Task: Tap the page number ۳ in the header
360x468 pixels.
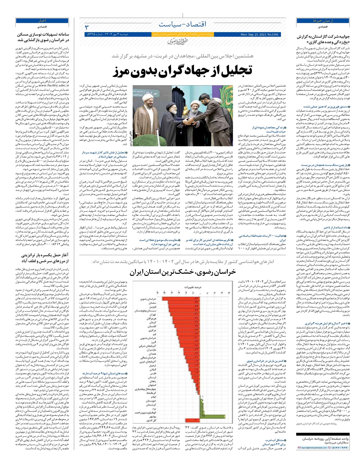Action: coord(87,28)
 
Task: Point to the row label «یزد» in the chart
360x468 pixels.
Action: coord(153,409)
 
